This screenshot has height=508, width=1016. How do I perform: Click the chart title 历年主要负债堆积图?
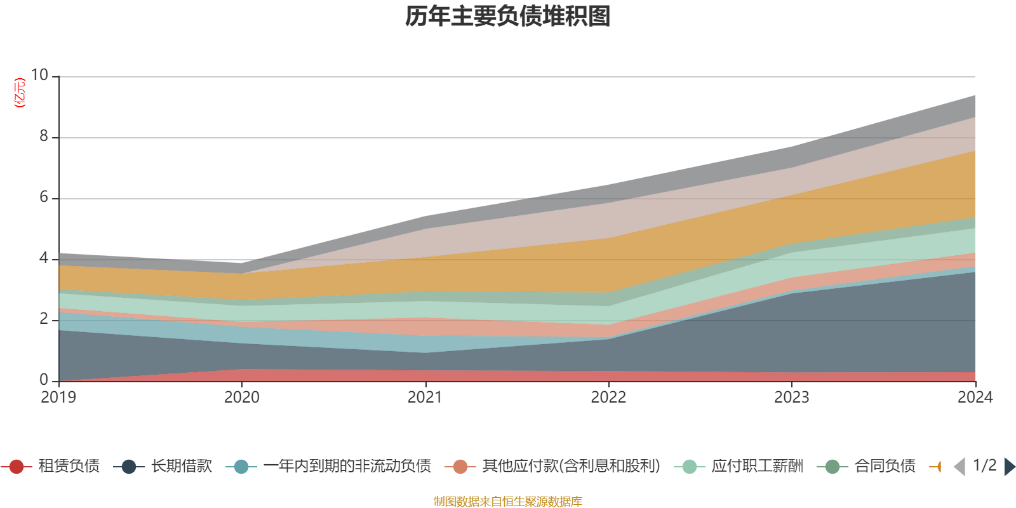[x=508, y=17]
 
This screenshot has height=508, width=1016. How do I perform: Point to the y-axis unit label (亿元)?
[x=20, y=93]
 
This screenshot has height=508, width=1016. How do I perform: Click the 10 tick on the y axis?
[x=39, y=75]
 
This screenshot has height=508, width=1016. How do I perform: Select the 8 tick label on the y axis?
[x=43, y=136]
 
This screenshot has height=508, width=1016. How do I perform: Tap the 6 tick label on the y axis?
[x=43, y=197]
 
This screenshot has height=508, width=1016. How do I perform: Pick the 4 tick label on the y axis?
[x=43, y=258]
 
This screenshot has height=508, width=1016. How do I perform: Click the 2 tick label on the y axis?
[x=43, y=319]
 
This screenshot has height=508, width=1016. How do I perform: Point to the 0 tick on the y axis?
[x=43, y=380]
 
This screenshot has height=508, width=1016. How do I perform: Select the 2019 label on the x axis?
[x=58, y=398]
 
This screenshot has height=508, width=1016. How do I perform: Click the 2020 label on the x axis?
[x=242, y=398]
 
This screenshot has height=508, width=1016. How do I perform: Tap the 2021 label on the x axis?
[x=425, y=398]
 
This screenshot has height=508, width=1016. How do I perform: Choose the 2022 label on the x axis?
[x=608, y=398]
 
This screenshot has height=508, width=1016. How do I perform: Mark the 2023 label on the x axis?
[x=791, y=398]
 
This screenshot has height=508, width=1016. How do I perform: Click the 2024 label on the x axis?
[x=975, y=398]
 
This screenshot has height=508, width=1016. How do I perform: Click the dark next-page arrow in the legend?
[x=1010, y=467]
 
